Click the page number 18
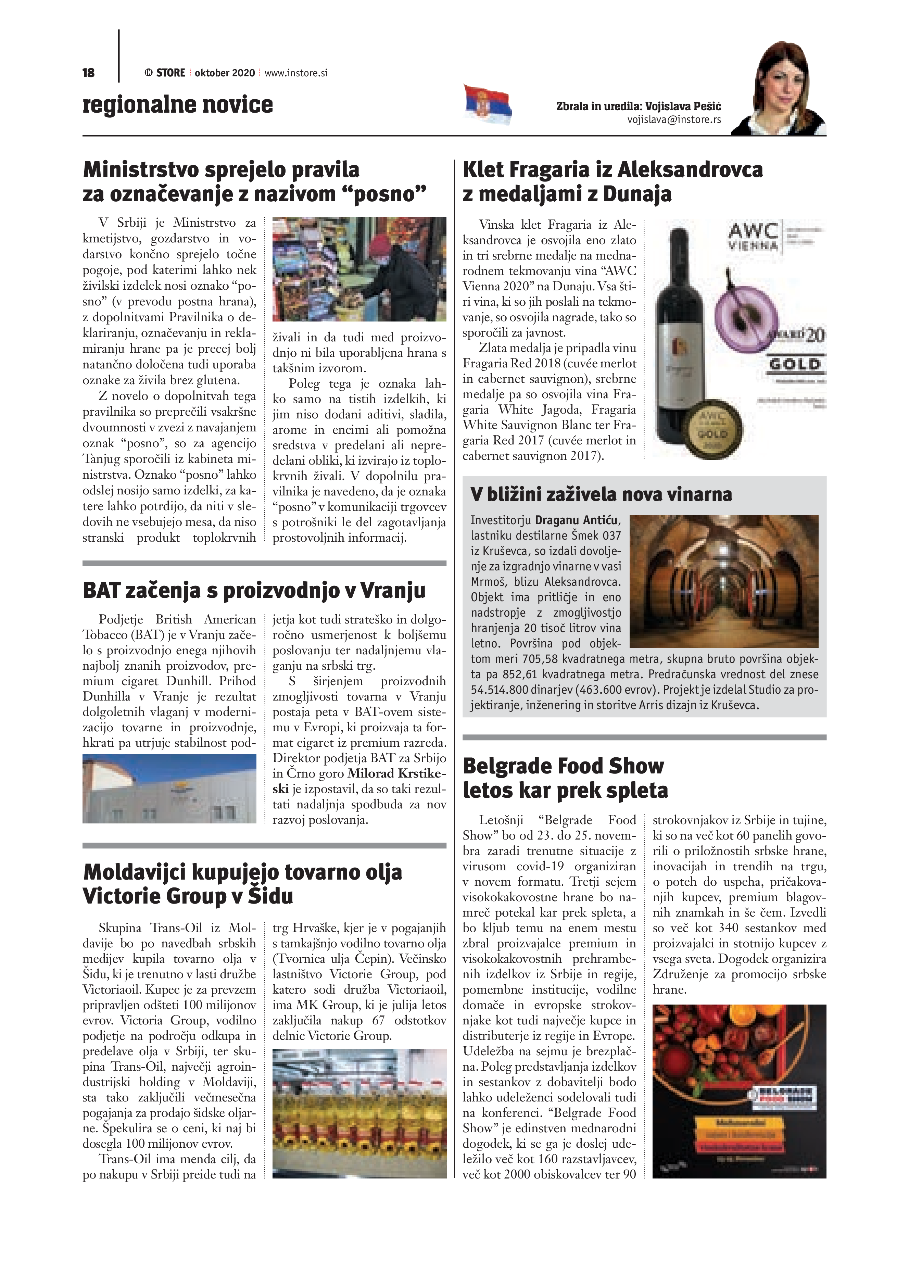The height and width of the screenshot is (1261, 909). [x=88, y=73]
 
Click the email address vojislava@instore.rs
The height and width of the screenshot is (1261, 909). [x=674, y=119]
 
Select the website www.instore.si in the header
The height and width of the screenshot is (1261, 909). [x=296, y=73]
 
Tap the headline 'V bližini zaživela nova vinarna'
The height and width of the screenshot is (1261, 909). [x=601, y=494]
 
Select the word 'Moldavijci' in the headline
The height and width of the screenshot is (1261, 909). [x=134, y=872]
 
